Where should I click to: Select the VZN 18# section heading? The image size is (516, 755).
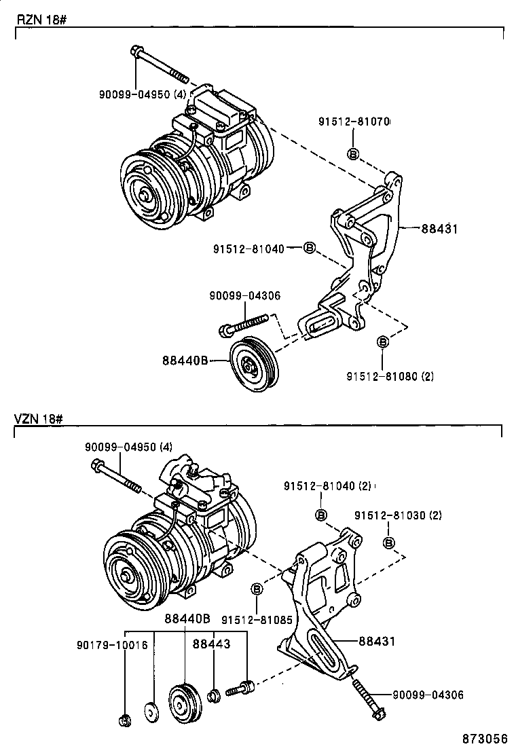pyautogui.click(x=39, y=419)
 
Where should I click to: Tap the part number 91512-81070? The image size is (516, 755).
pyautogui.click(x=353, y=122)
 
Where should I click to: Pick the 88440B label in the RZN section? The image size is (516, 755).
pyautogui.click(x=184, y=361)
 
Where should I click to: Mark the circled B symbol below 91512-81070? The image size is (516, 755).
pyautogui.click(x=353, y=154)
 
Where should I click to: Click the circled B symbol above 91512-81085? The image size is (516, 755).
pyautogui.click(x=257, y=589)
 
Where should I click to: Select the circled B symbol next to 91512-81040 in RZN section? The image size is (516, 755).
pyautogui.click(x=309, y=248)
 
